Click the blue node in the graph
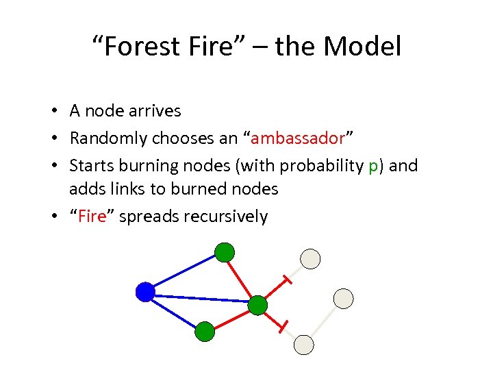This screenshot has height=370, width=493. click(145, 293)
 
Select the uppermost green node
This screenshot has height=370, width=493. click(225, 252)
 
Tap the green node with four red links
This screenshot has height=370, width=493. click(257, 305)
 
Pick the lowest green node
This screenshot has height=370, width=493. click(205, 332)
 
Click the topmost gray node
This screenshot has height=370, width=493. click(311, 258)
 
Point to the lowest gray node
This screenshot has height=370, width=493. click(303, 345)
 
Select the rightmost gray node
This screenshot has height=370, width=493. click(343, 298)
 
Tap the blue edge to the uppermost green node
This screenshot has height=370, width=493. click(184, 273)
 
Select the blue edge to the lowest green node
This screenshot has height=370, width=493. click(174, 312)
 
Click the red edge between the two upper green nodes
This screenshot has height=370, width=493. click(240, 277)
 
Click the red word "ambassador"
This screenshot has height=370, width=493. click(297, 138)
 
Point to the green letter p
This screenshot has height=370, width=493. click(372, 166)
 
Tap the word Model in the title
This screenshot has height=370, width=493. click(362, 47)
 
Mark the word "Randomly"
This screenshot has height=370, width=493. click(108, 138)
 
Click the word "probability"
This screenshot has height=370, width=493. click(316, 166)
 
